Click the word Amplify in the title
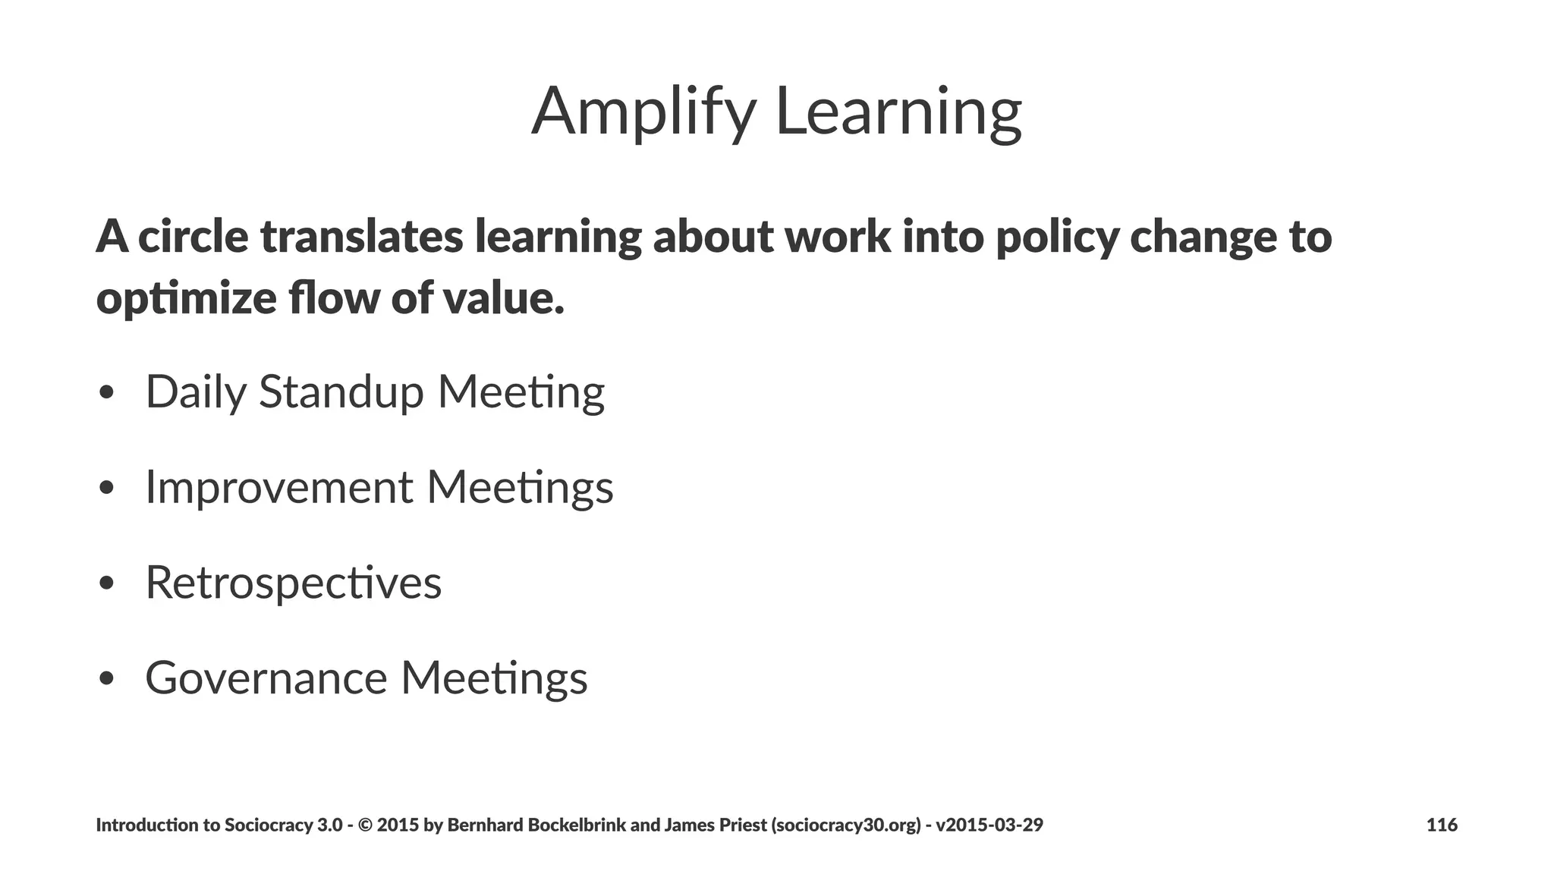(643, 112)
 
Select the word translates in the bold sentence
(361, 236)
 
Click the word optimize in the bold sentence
(186, 298)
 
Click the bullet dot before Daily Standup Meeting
(106, 393)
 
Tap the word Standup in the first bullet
(341, 393)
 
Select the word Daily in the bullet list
(196, 393)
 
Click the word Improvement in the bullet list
(279, 488)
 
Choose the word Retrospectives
(293, 583)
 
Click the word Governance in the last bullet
(266, 678)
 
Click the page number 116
(1442, 825)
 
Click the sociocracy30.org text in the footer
(846, 825)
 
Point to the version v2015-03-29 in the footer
(989, 825)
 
